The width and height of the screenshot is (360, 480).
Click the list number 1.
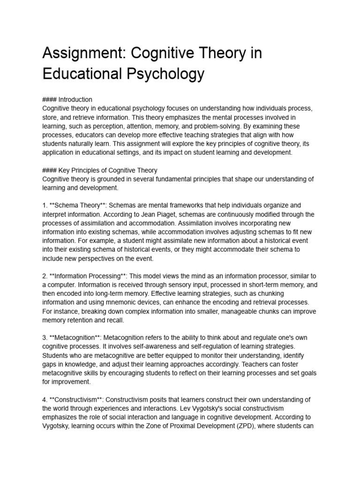(x=45, y=205)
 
